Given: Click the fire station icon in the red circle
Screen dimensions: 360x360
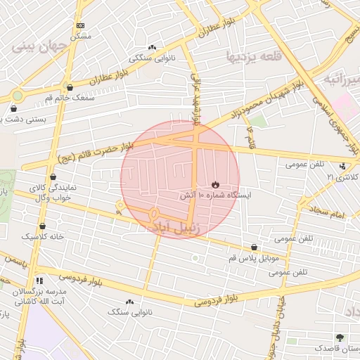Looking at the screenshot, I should pos(214,184).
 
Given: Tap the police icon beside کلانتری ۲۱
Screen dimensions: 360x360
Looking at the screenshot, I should pos(342,166).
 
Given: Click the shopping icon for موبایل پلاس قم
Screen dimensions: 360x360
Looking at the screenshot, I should pos(254,247).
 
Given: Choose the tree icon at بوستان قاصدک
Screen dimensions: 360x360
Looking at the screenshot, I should pos(340,338).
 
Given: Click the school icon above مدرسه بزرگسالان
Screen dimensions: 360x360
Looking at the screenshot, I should pos(39,280).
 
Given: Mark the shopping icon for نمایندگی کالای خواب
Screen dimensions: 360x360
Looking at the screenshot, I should pos(53,177).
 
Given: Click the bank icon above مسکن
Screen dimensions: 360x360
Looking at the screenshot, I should pos(80,25).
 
